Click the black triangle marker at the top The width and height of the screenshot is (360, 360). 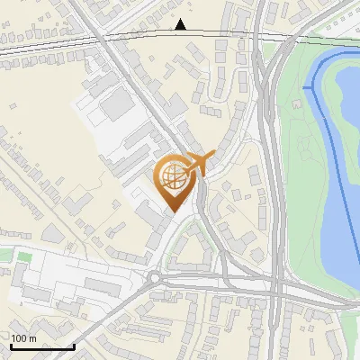pos(181,24)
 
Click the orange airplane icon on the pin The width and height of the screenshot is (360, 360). pos(195,164)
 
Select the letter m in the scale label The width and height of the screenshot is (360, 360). pos(33,338)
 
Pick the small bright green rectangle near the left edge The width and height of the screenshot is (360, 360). pos(24,258)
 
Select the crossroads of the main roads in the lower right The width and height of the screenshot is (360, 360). pos(275,291)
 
